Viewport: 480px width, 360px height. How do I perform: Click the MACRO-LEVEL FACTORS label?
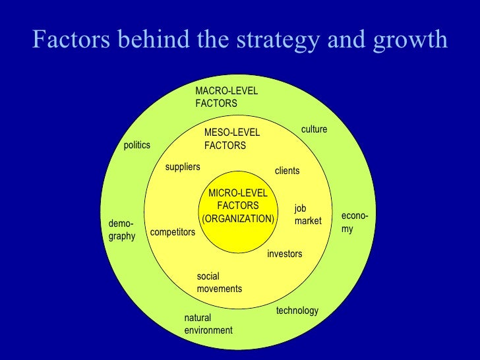(226, 97)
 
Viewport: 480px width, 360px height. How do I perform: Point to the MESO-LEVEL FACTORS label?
(232, 139)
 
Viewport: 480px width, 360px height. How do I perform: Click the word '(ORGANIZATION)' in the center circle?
(238, 218)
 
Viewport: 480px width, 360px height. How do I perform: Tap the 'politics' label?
(137, 145)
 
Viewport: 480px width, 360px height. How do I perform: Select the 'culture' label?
(314, 129)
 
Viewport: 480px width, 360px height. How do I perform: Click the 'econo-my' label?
(354, 223)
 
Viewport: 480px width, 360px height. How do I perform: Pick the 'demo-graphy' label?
(122, 230)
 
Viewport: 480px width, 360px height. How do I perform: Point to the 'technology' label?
(297, 310)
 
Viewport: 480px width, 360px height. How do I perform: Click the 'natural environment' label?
(208, 324)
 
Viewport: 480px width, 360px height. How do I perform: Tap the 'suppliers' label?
(183, 167)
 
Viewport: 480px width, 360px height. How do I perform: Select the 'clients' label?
(287, 171)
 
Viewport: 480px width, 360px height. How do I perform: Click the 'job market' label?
(307, 215)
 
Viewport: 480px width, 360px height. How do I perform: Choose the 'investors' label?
(284, 254)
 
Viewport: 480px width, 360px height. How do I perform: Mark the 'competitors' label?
(173, 232)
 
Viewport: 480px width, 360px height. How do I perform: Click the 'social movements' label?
(219, 282)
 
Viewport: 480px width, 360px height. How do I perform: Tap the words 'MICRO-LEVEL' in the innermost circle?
(238, 193)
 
